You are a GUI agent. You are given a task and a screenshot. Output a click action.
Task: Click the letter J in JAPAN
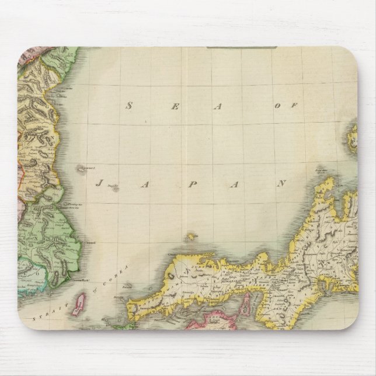point(98,183)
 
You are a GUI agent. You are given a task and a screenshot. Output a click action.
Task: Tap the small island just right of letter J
point(116,187)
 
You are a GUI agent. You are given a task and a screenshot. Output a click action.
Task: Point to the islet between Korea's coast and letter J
point(79,169)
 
